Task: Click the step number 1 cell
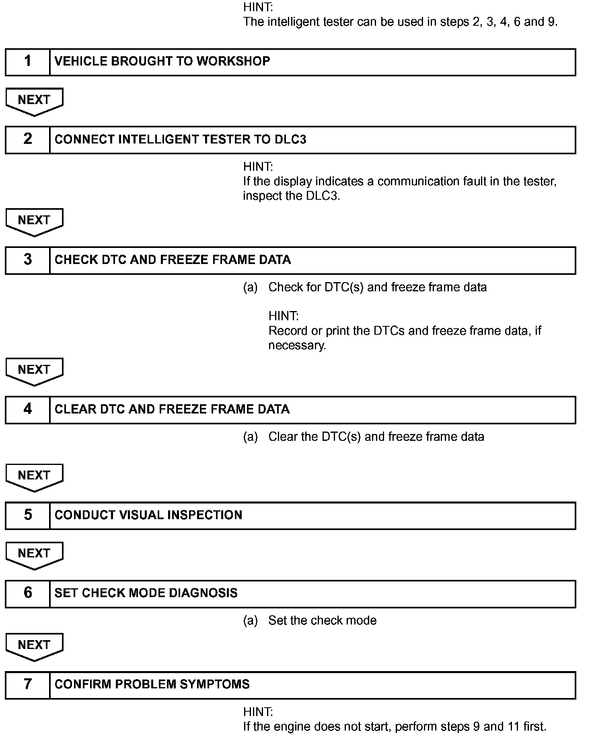(27, 62)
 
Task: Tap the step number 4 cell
(27, 409)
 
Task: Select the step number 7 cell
(27, 684)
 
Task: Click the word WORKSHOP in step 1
(233, 61)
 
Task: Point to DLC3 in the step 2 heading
(290, 139)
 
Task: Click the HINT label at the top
(258, 7)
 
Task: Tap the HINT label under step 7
(258, 712)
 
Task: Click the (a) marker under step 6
(250, 620)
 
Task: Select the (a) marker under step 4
(250, 437)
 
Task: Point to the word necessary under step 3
(297, 346)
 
